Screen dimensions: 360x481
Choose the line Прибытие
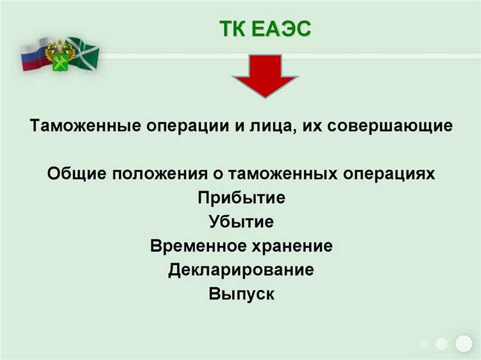[x=241, y=198]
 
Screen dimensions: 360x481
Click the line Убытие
[x=241, y=222]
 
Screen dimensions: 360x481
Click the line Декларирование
[x=241, y=270]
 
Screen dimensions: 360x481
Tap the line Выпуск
[x=241, y=294]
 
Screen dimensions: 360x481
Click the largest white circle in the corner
[x=463, y=343]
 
